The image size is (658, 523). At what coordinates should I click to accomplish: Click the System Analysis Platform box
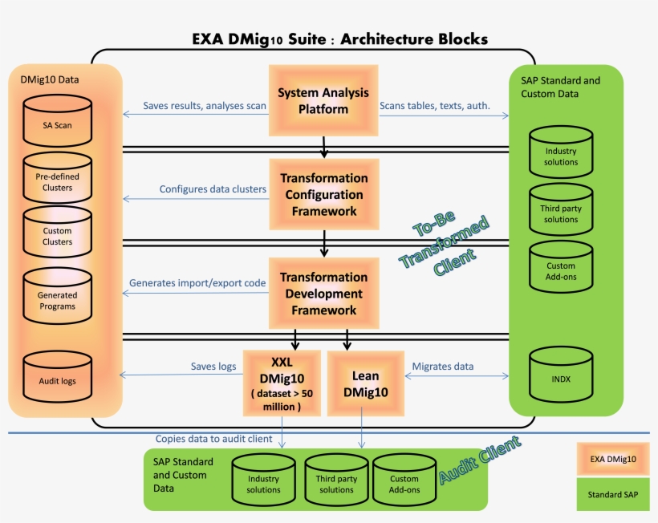click(x=323, y=100)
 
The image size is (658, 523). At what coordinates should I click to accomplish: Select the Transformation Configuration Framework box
click(x=323, y=195)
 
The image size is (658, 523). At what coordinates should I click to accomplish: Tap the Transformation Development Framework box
click(x=323, y=294)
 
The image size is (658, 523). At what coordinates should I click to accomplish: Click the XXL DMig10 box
click(x=282, y=383)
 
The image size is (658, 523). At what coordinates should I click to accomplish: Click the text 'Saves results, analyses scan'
click(x=204, y=106)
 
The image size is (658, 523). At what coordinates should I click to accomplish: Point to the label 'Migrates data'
click(x=442, y=367)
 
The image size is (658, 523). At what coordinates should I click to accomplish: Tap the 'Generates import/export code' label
click(x=197, y=283)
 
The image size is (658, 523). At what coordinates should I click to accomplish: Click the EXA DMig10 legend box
click(x=612, y=459)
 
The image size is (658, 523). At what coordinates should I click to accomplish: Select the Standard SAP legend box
click(x=612, y=495)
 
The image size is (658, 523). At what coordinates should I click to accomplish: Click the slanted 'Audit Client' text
click(x=479, y=460)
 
